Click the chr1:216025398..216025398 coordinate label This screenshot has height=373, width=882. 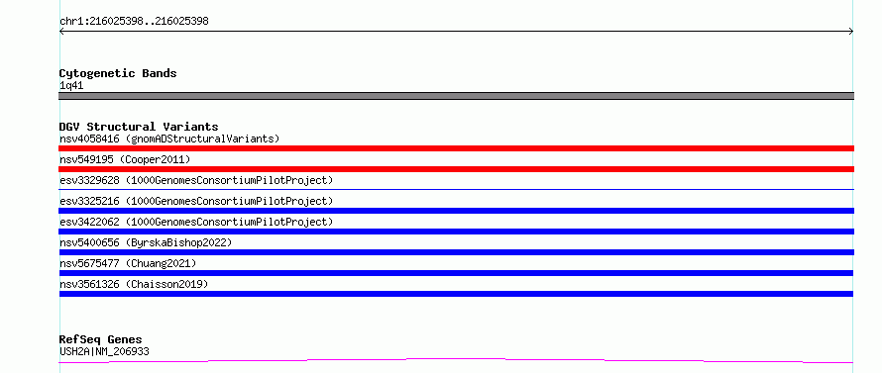(134, 22)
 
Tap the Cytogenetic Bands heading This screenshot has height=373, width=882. (118, 73)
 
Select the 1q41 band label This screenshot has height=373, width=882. (71, 86)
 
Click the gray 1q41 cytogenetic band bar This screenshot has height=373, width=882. (456, 96)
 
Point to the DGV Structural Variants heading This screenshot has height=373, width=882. (139, 127)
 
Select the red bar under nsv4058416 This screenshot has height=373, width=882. (456, 148)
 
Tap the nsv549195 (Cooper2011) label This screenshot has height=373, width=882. (125, 159)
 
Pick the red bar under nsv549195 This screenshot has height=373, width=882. (456, 169)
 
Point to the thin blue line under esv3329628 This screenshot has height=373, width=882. (456, 190)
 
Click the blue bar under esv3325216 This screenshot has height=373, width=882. (456, 211)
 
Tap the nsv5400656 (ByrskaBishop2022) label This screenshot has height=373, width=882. (146, 242)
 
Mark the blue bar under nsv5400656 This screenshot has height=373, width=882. (456, 252)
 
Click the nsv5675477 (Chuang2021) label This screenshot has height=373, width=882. (128, 263)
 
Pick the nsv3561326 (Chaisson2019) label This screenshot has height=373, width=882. (134, 284)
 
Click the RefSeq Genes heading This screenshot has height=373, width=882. (101, 340)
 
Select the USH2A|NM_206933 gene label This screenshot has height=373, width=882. (105, 352)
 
